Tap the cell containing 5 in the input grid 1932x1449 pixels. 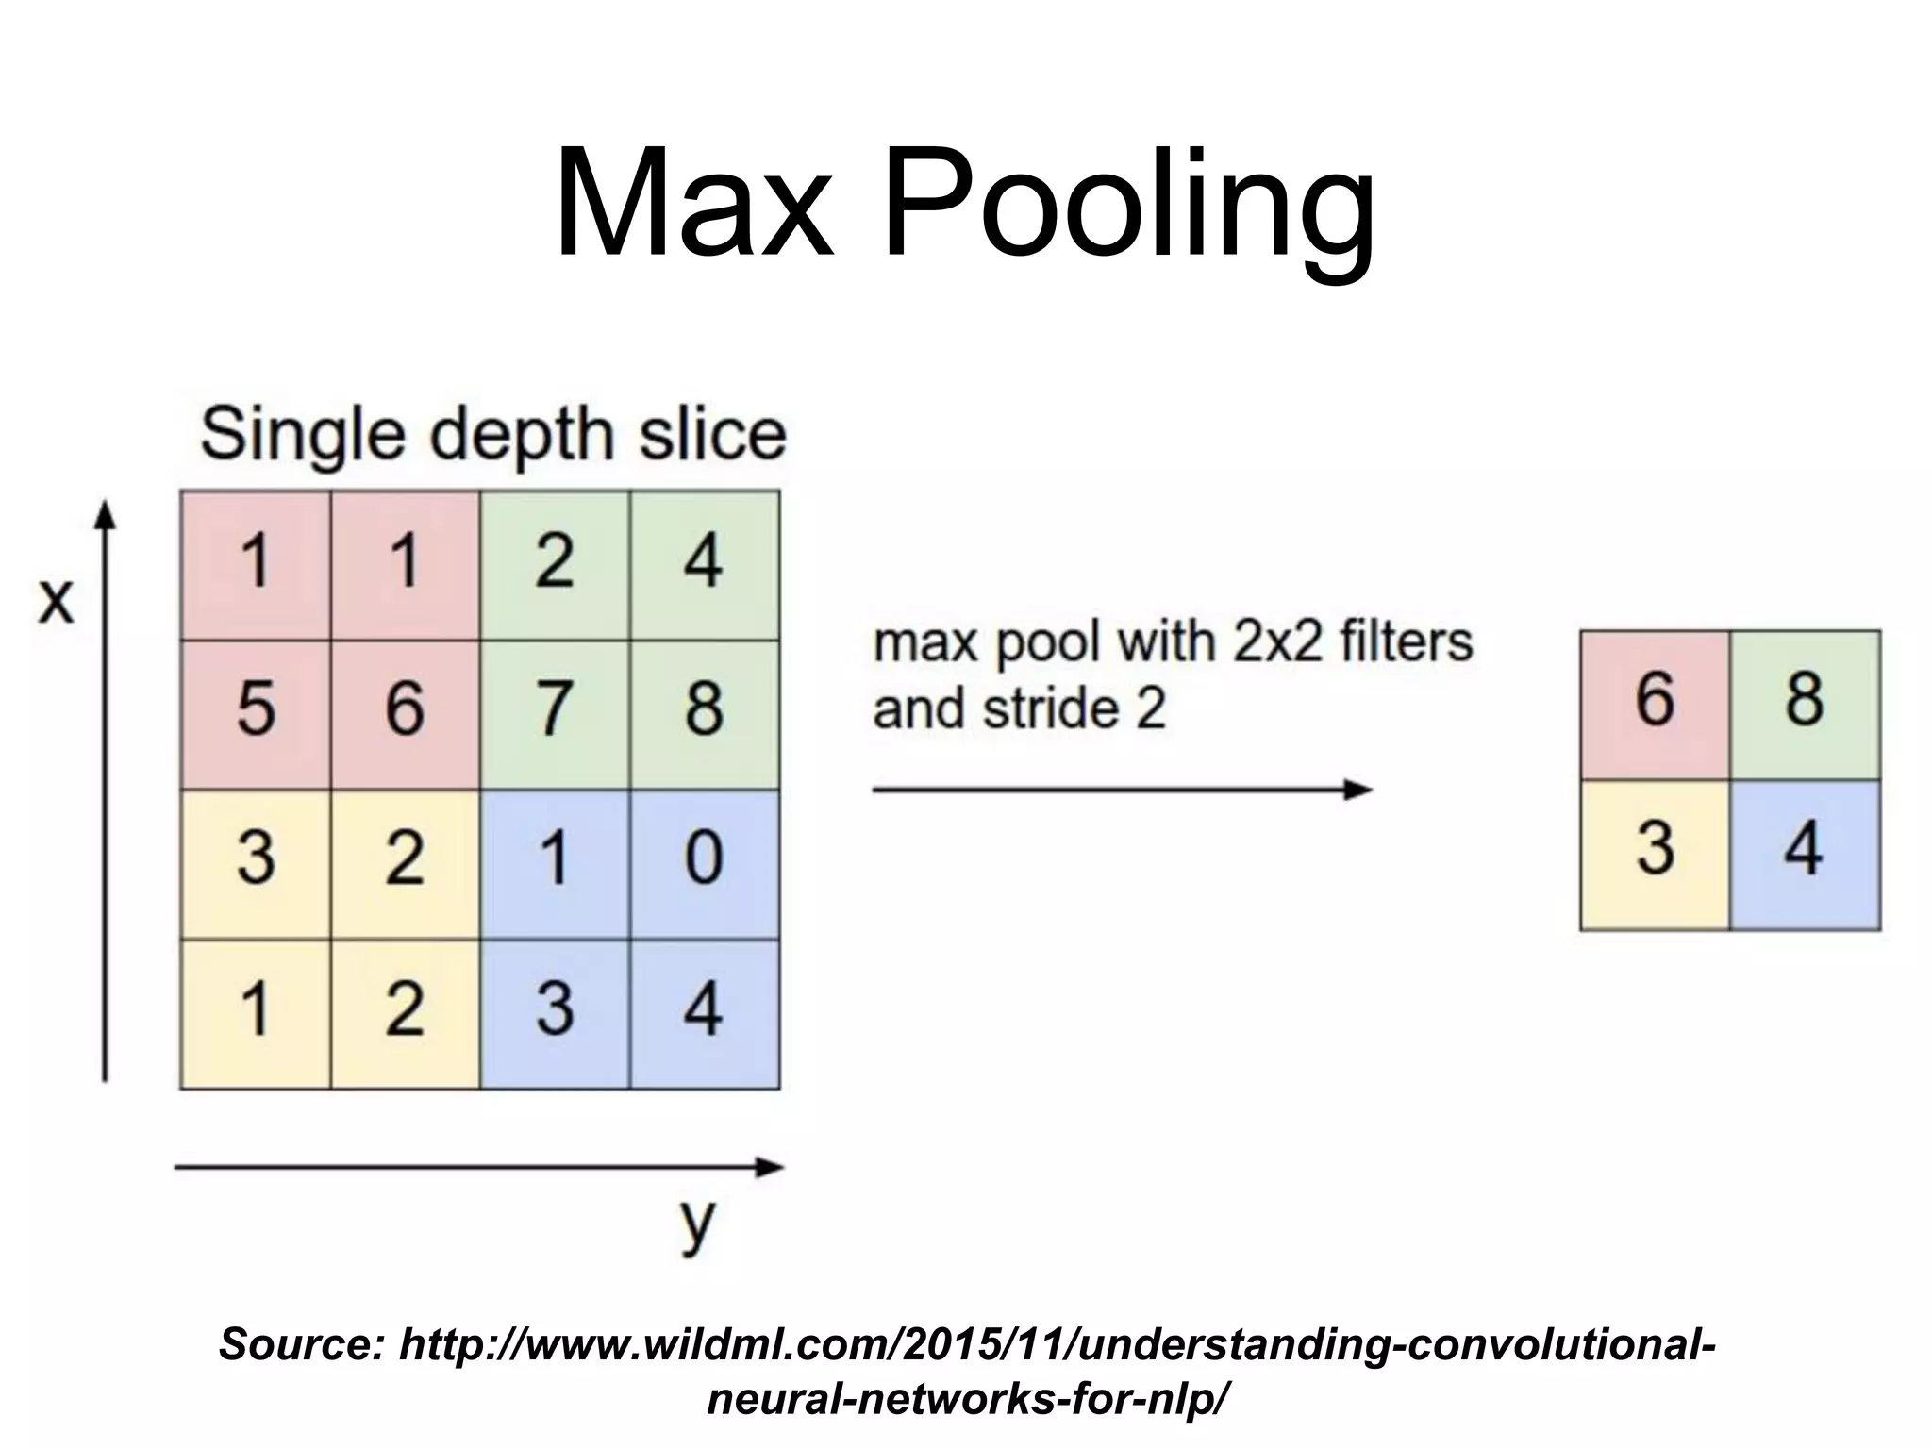pyautogui.click(x=256, y=709)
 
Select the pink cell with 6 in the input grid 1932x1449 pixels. pyautogui.click(x=405, y=709)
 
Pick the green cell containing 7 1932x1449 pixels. pyautogui.click(x=554, y=709)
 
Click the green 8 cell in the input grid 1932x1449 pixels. pyautogui.click(x=704, y=709)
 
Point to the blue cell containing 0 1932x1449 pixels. pyautogui.click(x=704, y=858)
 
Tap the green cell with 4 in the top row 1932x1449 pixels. pyautogui.click(x=704, y=562)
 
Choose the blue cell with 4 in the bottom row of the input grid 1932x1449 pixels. pyautogui.click(x=704, y=1009)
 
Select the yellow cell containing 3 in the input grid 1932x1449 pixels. pyautogui.click(x=256, y=858)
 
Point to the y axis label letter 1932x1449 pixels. pyautogui.click(x=697, y=1224)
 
